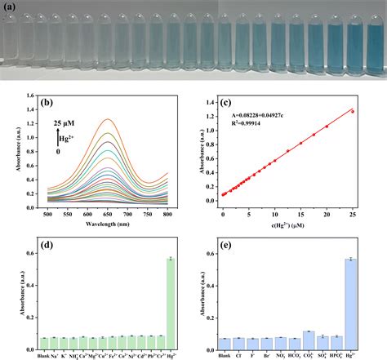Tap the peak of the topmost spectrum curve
pyautogui.click(x=107, y=119)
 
